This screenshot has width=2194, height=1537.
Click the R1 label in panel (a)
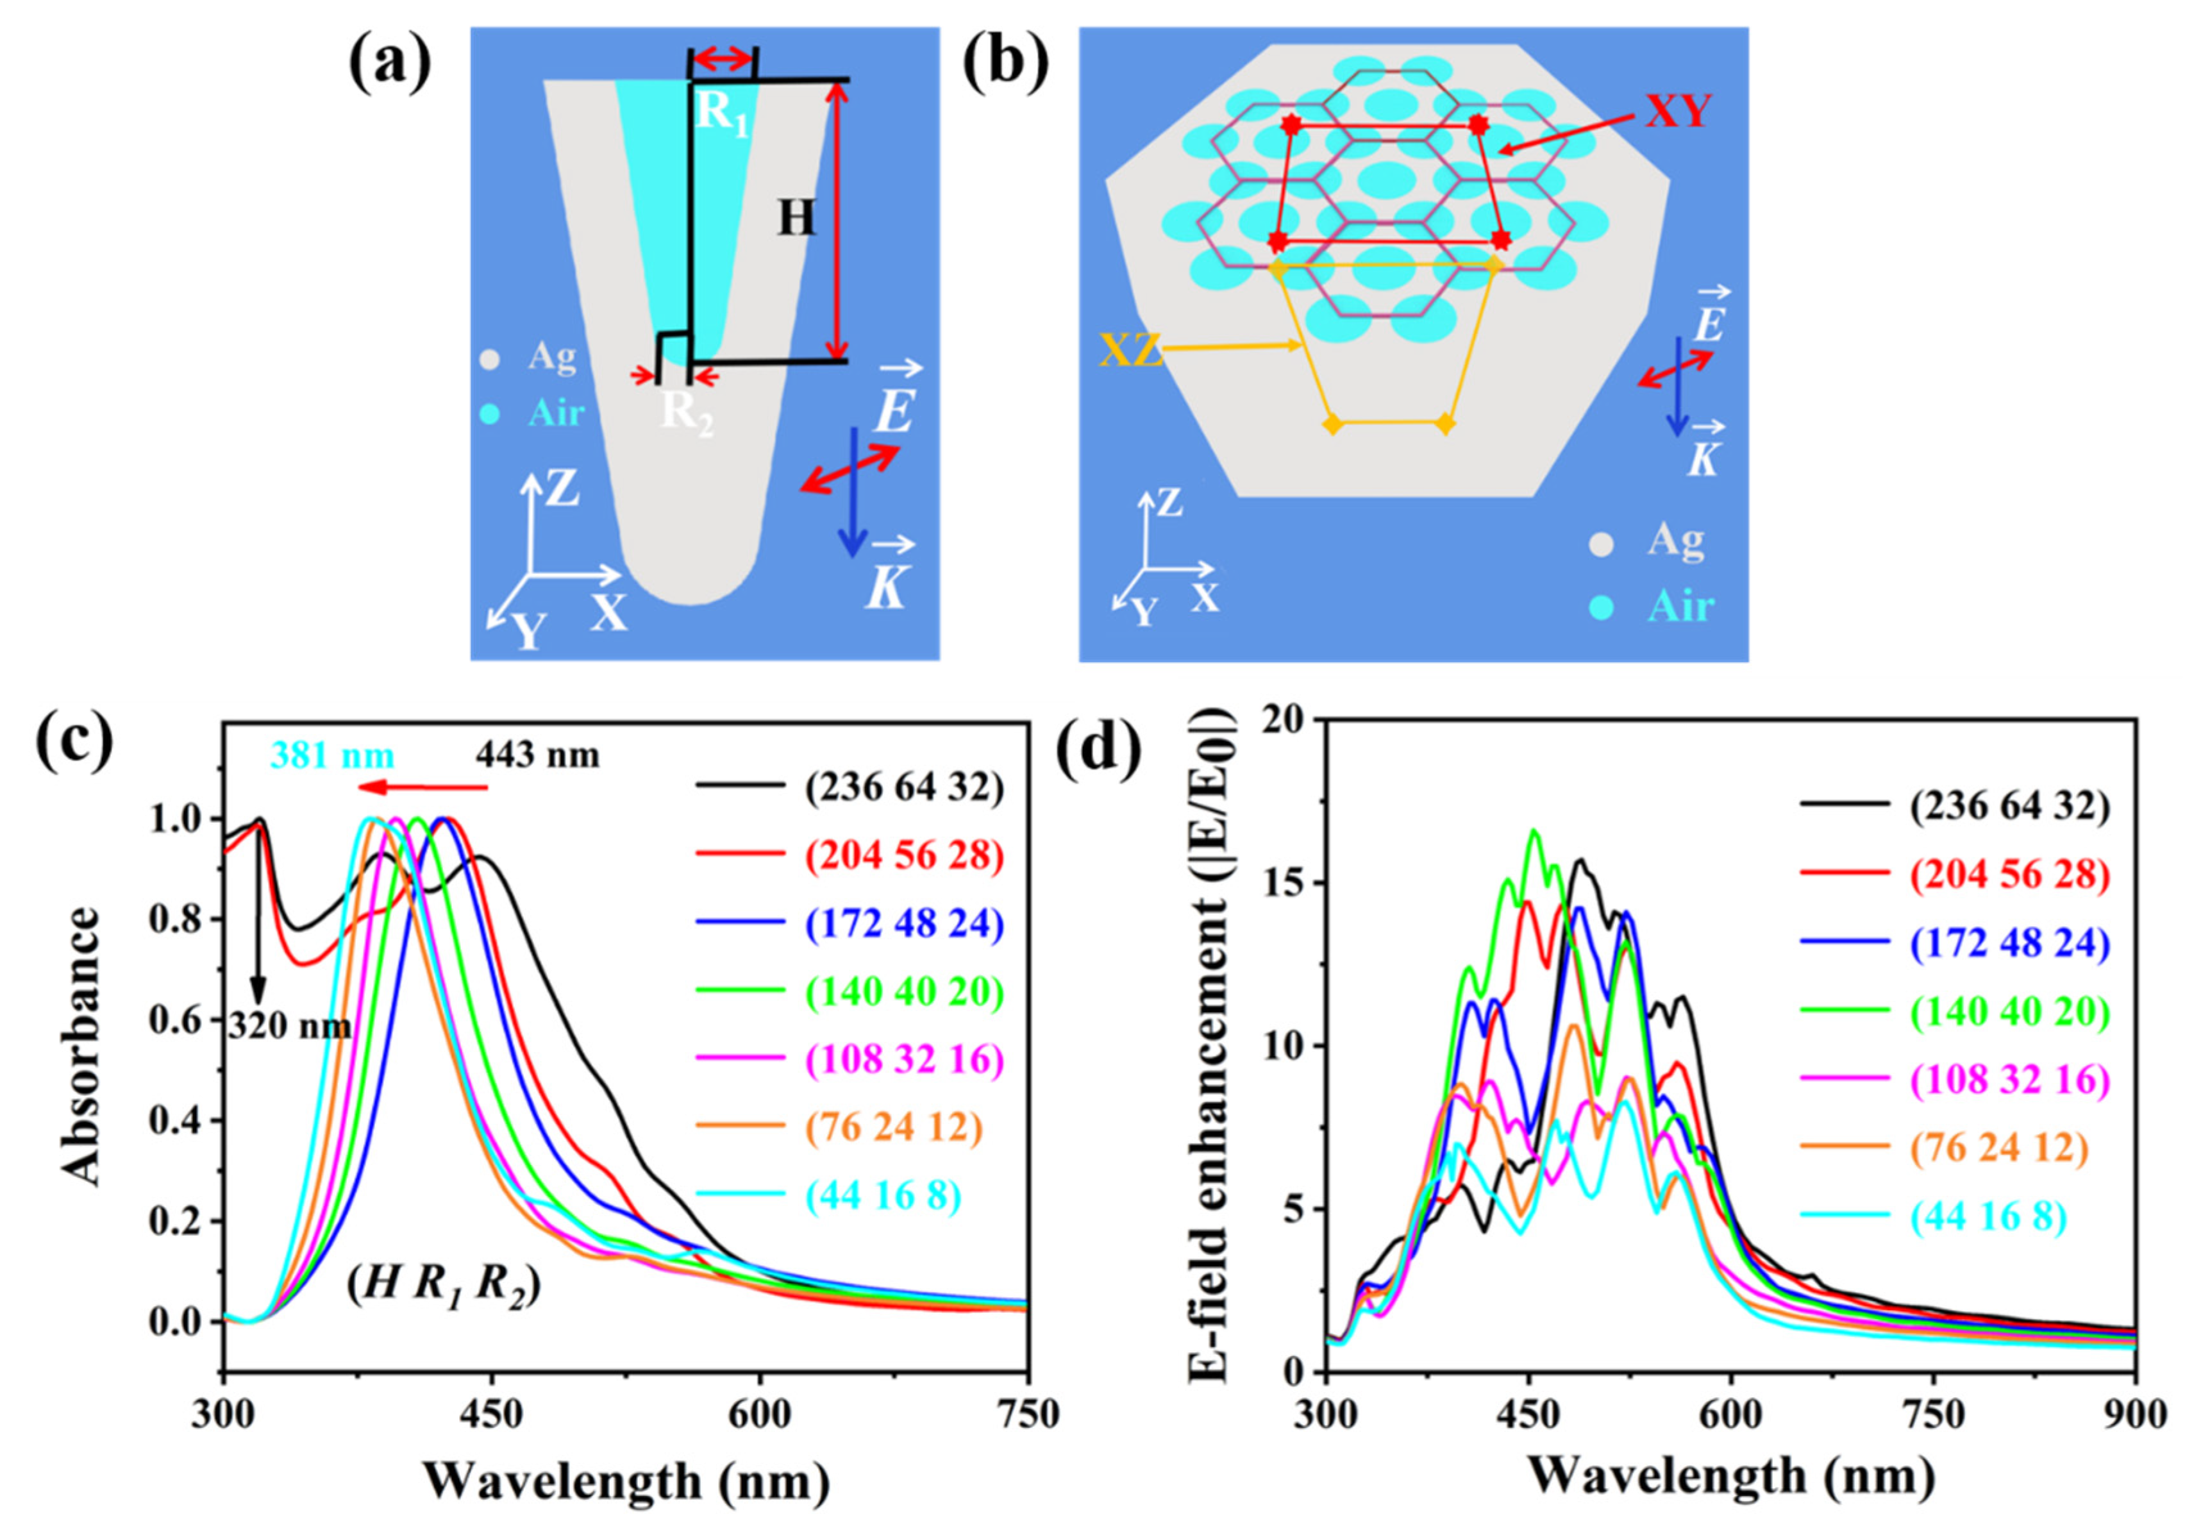719,113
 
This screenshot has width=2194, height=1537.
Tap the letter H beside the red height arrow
795,220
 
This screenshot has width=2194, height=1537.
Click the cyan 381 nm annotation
331,755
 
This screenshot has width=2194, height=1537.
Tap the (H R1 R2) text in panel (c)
444,1288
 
